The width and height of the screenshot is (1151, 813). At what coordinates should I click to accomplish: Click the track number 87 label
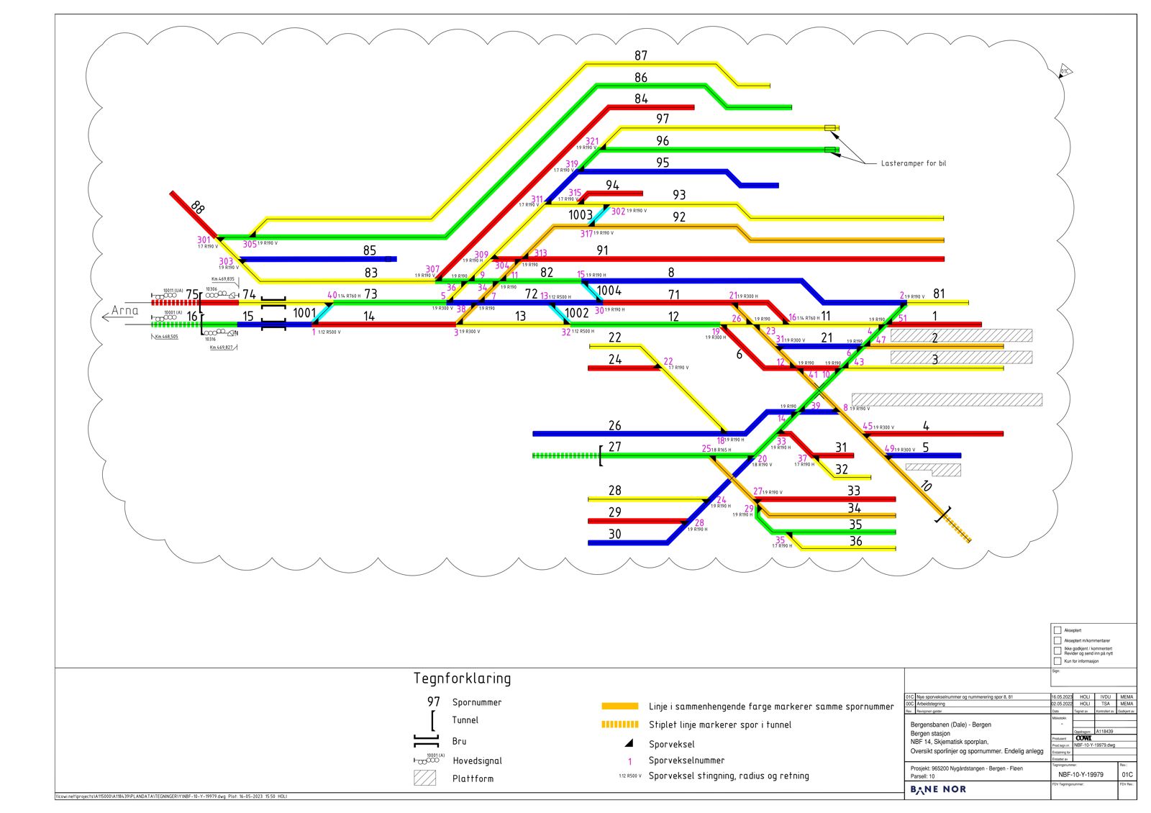click(x=641, y=55)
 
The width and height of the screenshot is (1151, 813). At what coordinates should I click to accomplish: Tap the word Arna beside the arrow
click(x=124, y=311)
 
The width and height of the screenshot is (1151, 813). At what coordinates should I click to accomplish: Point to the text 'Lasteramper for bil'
click(x=914, y=163)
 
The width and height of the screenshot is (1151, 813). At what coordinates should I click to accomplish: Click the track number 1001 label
click(x=304, y=313)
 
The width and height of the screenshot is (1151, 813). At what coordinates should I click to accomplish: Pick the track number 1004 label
click(x=609, y=291)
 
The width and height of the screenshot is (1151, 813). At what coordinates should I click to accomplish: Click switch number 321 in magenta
click(x=592, y=142)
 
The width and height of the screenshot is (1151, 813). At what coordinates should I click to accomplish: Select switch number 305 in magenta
click(x=250, y=244)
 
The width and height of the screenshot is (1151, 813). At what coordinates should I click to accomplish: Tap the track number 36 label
click(x=855, y=541)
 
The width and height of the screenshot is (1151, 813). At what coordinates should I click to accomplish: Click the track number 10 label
click(x=926, y=486)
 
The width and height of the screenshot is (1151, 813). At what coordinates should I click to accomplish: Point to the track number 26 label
click(x=614, y=426)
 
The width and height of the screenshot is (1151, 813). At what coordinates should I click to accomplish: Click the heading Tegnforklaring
click(x=462, y=678)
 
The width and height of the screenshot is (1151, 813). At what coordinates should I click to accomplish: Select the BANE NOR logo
click(x=938, y=789)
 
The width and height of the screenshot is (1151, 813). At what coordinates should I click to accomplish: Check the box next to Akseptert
click(x=1057, y=630)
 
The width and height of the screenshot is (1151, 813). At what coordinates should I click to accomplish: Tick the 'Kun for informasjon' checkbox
click(x=1057, y=660)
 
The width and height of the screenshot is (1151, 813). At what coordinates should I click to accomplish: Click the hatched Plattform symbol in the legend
click(x=424, y=778)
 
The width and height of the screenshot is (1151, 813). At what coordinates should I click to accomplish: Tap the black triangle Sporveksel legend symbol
click(x=629, y=743)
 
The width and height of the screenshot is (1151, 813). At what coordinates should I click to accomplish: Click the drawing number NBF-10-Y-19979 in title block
click(x=1081, y=775)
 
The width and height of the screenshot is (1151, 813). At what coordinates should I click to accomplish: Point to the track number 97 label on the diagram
click(x=663, y=119)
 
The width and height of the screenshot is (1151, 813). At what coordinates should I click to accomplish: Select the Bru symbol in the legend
click(x=426, y=741)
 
